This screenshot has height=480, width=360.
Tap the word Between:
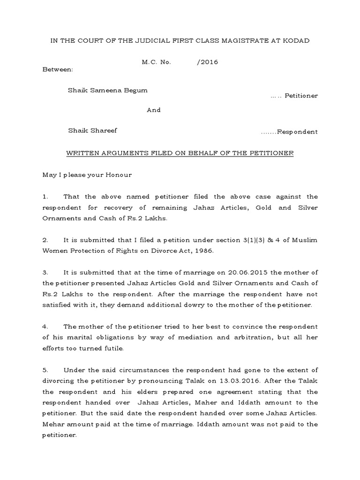58,69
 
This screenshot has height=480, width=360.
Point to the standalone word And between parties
154,110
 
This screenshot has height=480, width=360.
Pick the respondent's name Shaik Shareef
92,130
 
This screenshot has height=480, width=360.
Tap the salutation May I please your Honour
87,175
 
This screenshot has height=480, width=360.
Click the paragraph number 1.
45,196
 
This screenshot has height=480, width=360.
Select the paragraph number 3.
45,272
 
